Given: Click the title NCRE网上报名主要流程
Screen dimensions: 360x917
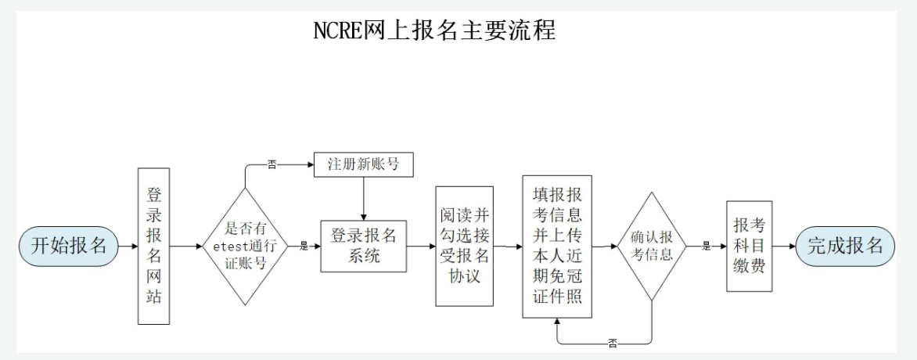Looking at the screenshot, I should coord(433,30).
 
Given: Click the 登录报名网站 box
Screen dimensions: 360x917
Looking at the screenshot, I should coord(153,246).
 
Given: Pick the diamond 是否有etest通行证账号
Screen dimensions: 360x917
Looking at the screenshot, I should coord(246,246).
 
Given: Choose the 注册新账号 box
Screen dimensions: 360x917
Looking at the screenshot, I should coord(363,164).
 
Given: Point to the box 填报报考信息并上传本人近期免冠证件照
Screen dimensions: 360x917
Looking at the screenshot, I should coord(556,246).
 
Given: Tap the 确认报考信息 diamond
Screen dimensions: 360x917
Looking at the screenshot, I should coord(652,246).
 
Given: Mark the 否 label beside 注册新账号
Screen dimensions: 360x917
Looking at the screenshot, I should coord(272,165).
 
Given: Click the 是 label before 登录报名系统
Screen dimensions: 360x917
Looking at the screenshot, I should coord(304,246).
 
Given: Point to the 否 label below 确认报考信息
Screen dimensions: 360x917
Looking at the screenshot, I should coord(612,344).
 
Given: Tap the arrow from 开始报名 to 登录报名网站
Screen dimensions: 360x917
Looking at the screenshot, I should coord(125,246).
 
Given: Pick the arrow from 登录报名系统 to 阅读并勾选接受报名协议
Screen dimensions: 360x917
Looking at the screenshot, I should coord(420,246).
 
